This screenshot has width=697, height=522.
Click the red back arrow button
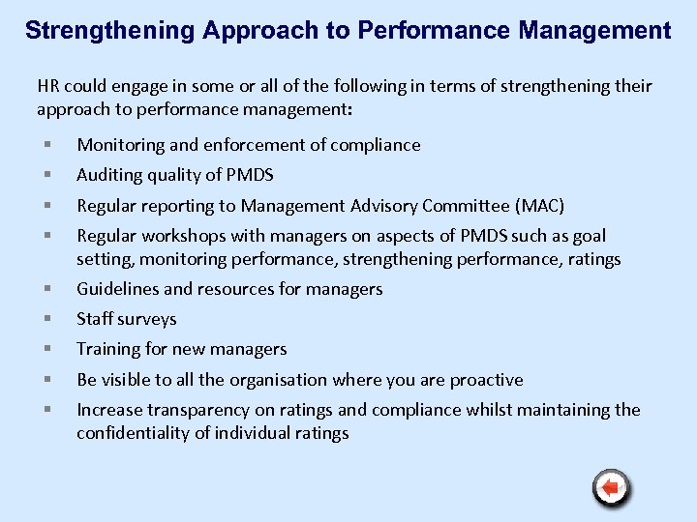point(611,487)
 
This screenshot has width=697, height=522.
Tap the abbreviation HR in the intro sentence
point(47,86)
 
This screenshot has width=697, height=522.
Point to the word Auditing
point(109,175)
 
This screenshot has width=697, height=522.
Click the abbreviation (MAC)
point(540,205)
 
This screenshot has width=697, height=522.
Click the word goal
point(590,235)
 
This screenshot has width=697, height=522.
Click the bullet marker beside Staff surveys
point(46,319)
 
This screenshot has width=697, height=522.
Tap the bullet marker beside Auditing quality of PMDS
point(46,175)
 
